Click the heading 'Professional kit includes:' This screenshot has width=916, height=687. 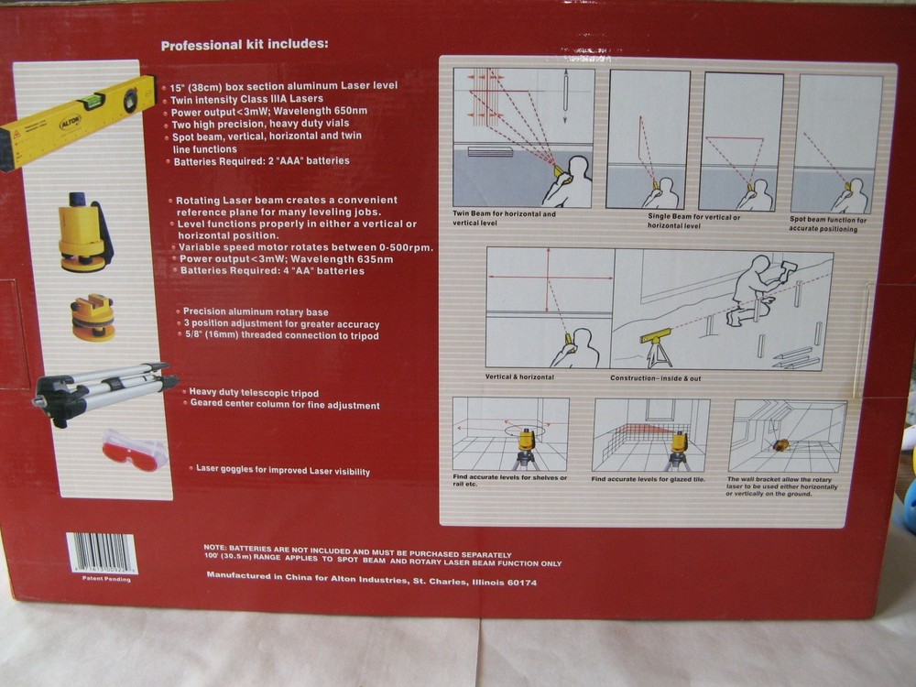click(244, 44)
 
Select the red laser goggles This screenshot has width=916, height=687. click(134, 450)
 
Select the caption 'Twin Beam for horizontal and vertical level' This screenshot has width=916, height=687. click(504, 218)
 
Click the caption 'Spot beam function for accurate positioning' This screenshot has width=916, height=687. click(828, 224)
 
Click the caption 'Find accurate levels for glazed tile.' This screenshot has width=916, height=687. click(647, 479)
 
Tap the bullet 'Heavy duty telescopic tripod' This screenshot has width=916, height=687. click(254, 392)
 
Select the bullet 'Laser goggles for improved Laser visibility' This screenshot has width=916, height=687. click(283, 470)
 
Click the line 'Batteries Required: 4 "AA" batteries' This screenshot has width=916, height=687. click(272, 271)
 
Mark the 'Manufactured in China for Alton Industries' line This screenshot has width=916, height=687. click(371, 582)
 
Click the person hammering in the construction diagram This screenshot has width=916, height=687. click(756, 287)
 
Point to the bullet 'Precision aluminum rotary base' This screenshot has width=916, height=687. click(254, 311)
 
